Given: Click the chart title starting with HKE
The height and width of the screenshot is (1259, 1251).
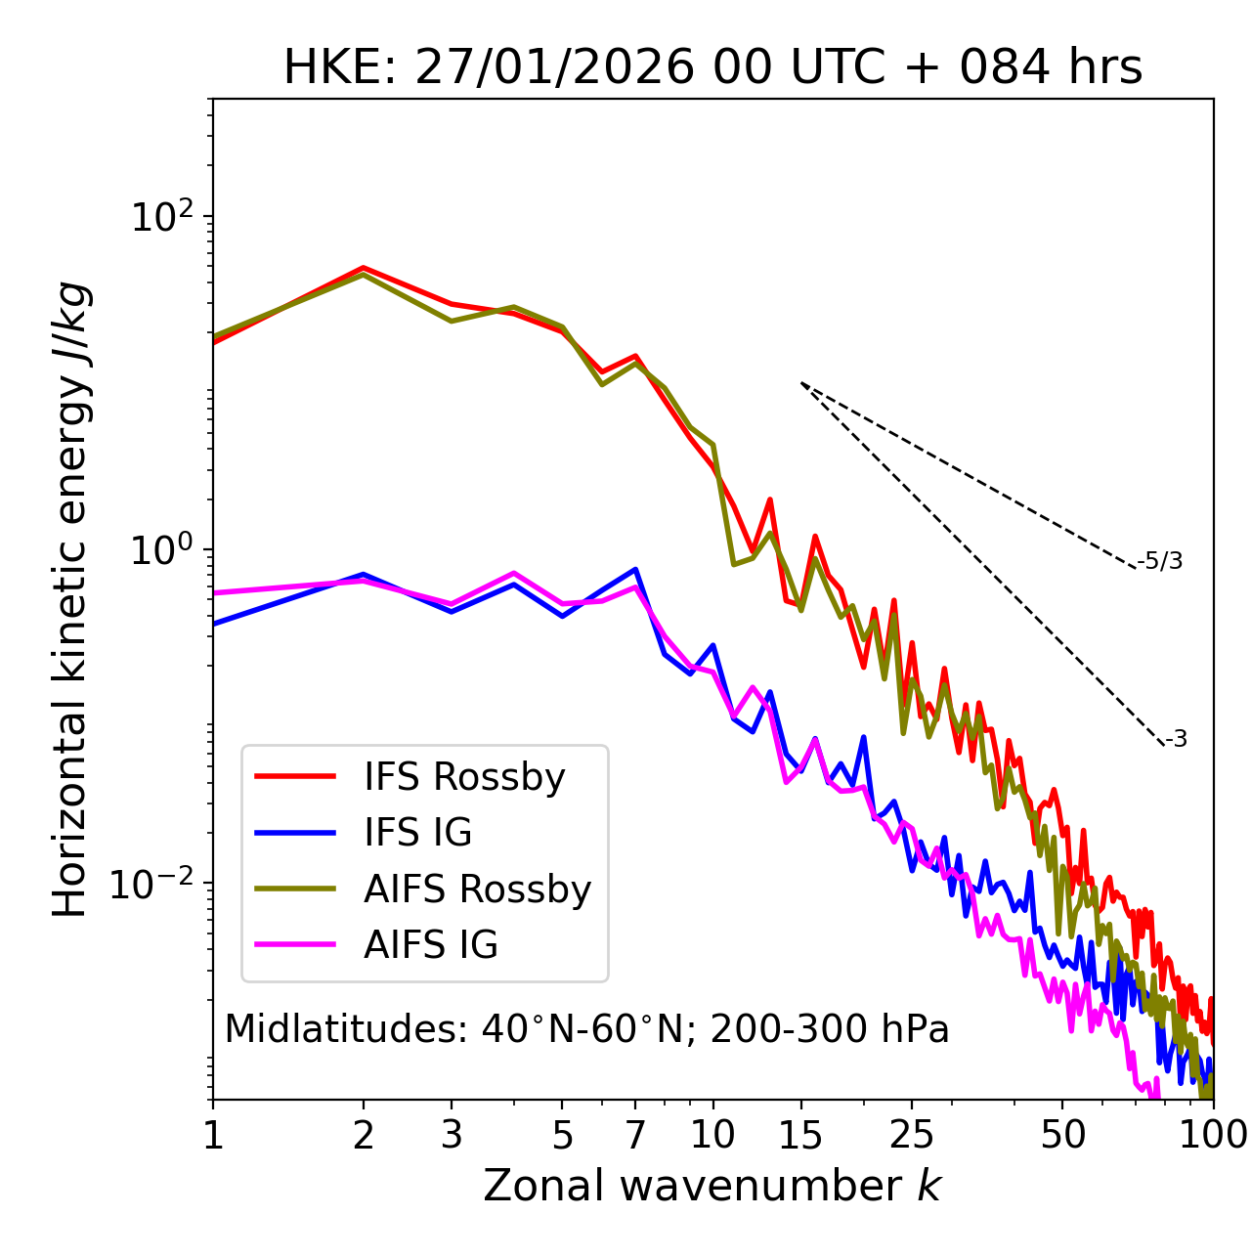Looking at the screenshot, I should tap(712, 68).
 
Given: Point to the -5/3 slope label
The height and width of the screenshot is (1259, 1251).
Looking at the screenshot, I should tap(1160, 561).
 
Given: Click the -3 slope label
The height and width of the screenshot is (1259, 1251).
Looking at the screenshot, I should tap(1176, 740).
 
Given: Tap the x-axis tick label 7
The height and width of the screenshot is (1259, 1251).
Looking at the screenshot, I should tap(635, 1135).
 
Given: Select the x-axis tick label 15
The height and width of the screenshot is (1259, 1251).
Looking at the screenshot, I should tap(800, 1135).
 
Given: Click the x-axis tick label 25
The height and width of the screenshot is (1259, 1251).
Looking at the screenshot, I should tap(912, 1135).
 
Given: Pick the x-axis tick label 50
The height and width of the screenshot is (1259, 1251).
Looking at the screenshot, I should tap(1062, 1135).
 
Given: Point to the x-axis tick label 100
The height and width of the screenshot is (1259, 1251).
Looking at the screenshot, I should tap(1213, 1135).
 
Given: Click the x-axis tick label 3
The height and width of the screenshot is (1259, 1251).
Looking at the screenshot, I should tap(452, 1135).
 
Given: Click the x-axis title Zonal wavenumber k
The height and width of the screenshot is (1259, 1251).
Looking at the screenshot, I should tap(712, 1186).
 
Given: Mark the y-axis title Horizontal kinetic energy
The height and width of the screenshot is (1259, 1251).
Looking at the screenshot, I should tap(70, 599).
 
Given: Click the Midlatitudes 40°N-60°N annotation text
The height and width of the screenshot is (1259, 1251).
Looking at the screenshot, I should tap(586, 1028).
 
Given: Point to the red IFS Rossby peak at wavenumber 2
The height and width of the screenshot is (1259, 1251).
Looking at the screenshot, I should tap(364, 267).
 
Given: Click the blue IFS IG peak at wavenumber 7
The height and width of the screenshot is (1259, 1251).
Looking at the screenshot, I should tap(635, 569).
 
